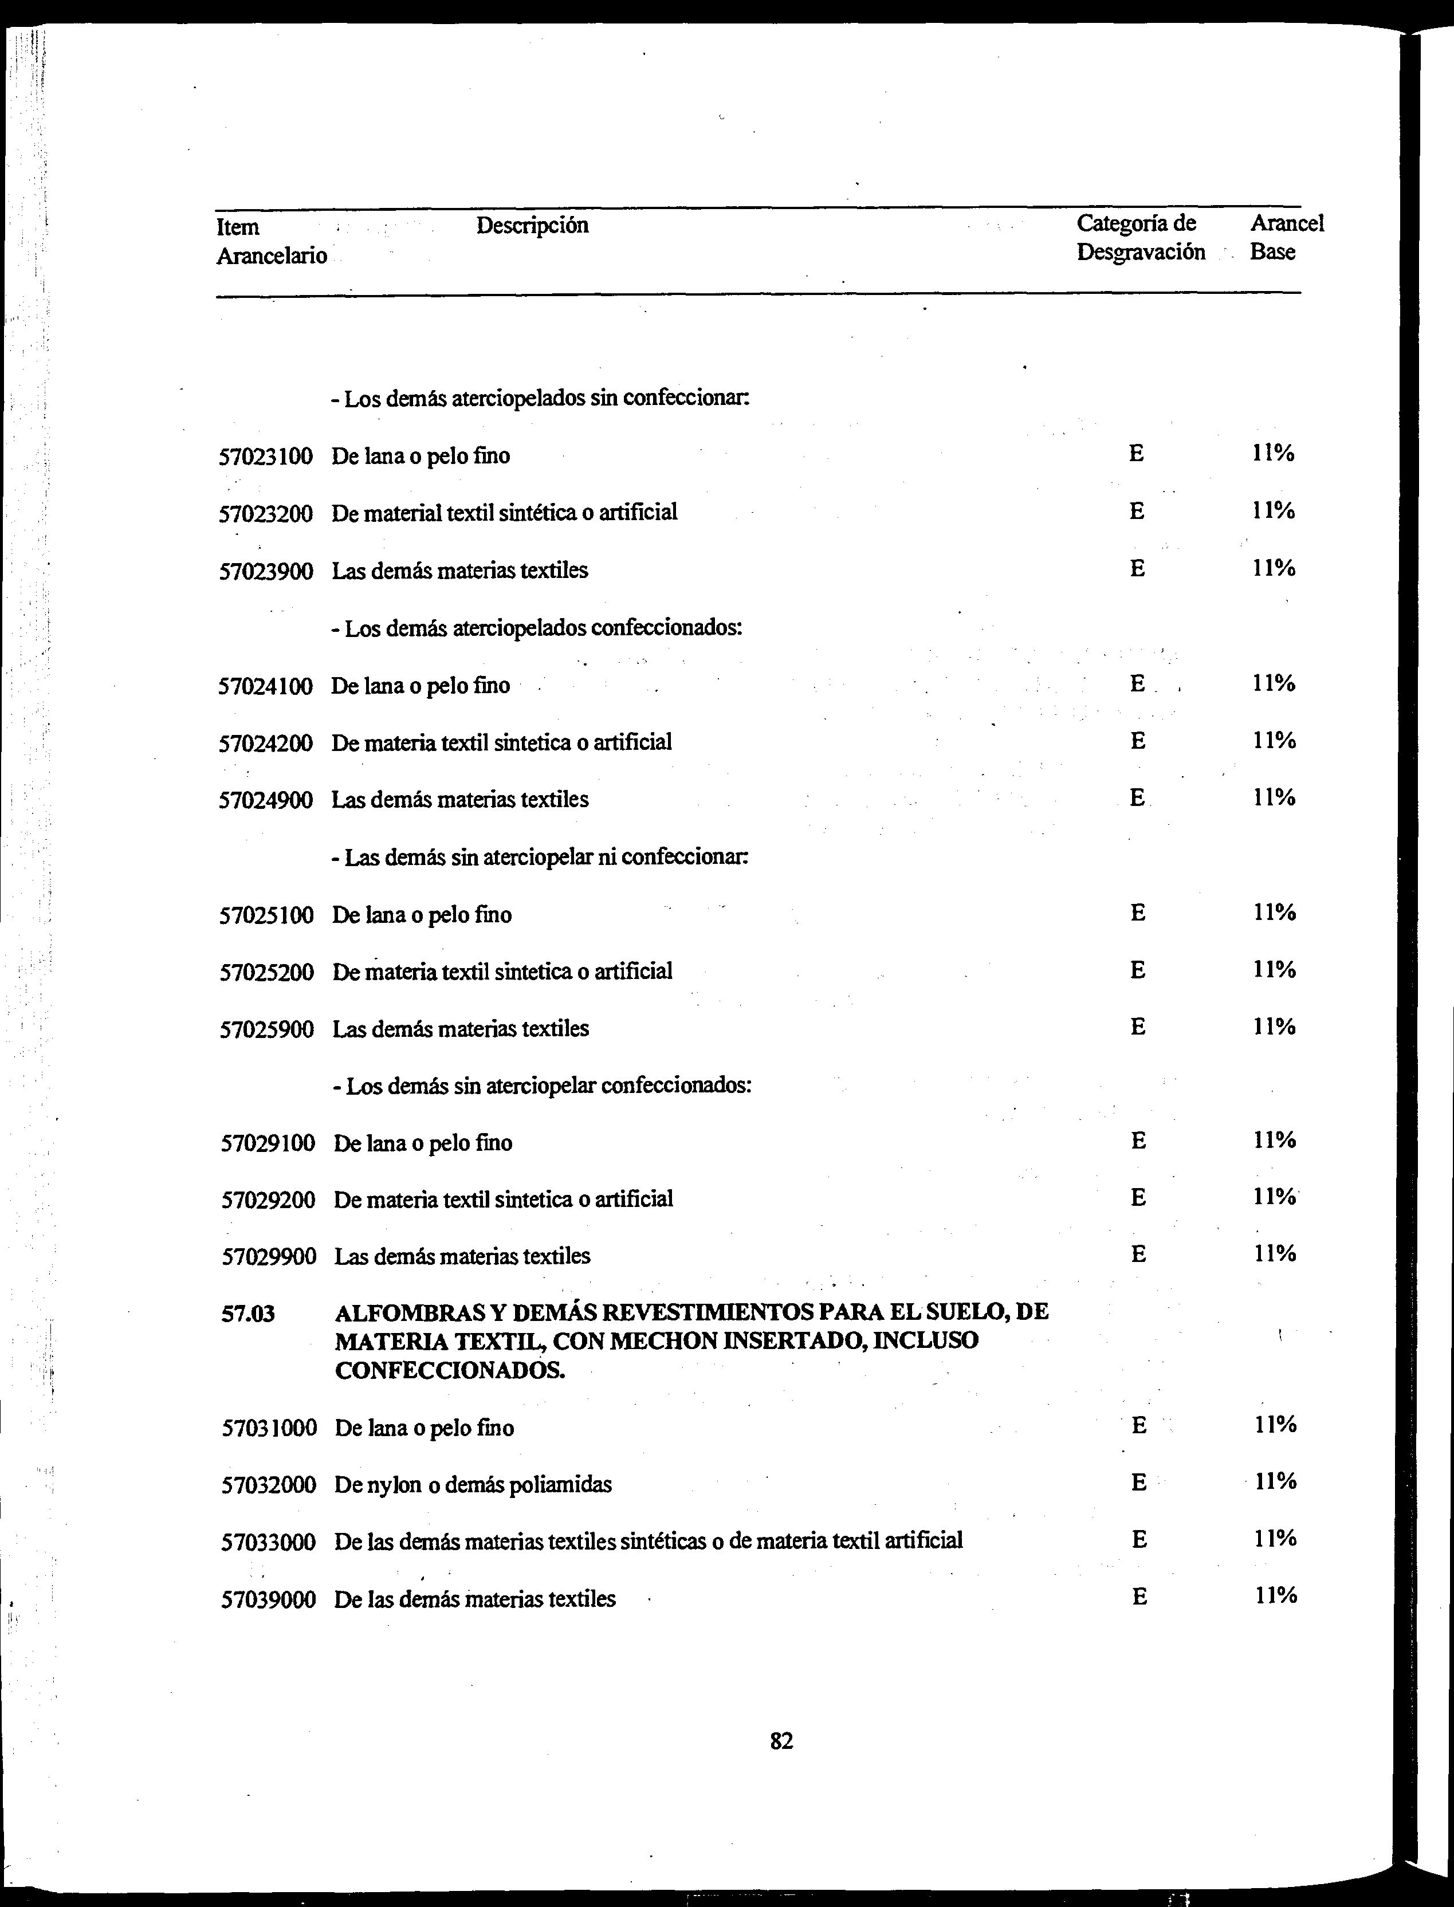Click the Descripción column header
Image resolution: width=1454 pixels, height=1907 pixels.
click(532, 226)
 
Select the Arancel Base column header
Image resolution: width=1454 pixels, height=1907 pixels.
click(1286, 238)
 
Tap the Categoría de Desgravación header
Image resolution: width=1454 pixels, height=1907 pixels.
click(1140, 238)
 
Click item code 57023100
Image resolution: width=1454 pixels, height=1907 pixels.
click(265, 456)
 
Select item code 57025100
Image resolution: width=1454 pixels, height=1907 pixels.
click(266, 915)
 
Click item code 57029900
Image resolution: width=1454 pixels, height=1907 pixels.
click(268, 1256)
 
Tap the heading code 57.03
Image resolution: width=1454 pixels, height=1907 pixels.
click(249, 1314)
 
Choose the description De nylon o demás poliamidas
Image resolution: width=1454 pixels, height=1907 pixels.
click(473, 1485)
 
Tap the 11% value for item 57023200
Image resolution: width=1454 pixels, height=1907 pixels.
click(1273, 510)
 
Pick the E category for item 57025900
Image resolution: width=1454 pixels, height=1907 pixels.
click(1138, 1027)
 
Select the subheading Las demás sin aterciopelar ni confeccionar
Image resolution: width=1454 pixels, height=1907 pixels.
click(539, 858)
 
